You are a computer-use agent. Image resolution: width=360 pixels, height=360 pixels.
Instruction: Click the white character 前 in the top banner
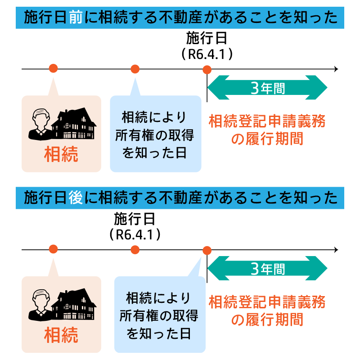[76, 18]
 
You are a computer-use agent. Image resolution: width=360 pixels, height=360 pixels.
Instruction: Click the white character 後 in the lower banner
[76, 198]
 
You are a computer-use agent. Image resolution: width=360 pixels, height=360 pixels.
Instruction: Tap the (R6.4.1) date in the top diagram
[207, 54]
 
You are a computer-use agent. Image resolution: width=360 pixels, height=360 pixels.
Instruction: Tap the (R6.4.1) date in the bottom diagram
[135, 234]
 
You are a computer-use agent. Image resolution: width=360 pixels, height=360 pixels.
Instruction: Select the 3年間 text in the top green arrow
[268, 88]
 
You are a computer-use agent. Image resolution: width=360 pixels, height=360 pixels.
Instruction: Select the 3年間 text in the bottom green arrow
[268, 269]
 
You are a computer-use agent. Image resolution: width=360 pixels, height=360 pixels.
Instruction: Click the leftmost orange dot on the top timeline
[53, 68]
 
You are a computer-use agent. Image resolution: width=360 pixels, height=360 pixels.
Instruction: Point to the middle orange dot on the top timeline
[135, 69]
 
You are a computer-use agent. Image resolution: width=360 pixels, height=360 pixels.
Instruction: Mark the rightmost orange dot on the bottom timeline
[207, 251]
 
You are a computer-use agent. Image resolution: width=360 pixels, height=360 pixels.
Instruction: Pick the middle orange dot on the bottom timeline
[135, 250]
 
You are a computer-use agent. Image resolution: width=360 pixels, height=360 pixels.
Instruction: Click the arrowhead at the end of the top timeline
[337, 69]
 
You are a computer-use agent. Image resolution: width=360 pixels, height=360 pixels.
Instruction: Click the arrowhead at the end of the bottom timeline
[337, 250]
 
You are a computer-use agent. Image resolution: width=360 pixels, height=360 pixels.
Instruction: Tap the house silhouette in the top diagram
[74, 123]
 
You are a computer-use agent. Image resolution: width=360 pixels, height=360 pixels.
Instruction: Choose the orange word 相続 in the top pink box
[61, 154]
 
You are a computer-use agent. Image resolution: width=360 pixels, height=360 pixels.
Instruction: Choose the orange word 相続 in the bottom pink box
[61, 335]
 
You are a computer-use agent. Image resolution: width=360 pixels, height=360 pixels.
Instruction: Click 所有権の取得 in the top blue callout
[155, 135]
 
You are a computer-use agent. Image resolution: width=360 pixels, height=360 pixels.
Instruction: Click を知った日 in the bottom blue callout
[159, 333]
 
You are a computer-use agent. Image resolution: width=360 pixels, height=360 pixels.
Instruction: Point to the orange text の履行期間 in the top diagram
[267, 139]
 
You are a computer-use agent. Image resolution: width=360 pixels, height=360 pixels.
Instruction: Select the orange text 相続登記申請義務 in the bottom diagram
[267, 302]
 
